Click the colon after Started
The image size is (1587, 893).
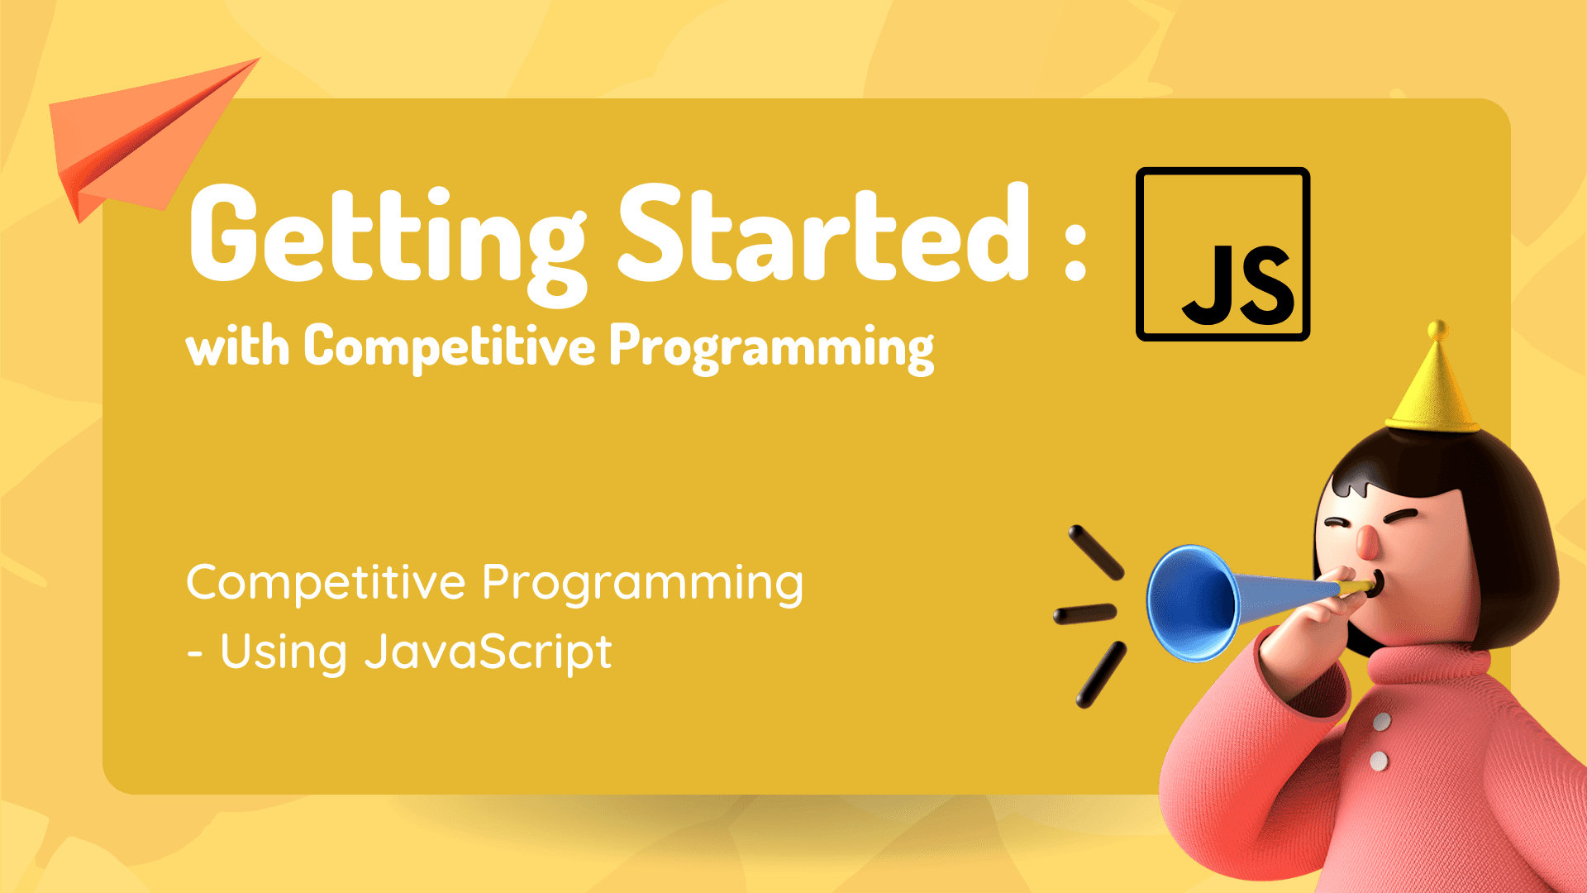pos(1075,251)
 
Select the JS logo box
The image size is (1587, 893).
pos(1223,254)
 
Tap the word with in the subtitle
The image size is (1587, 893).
pos(237,346)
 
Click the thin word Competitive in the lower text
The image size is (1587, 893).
pos(326,583)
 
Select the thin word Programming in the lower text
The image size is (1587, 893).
pos(642,585)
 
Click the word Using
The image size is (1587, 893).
pos(284,653)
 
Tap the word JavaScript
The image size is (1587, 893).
pos(488,653)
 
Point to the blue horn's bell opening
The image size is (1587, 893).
pos(1192,603)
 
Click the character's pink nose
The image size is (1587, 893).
pos(1367,541)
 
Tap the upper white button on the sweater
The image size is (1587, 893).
pos(1382,722)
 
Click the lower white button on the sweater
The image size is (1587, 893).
pos(1379,761)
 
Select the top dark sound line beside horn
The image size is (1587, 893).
pos(1096,552)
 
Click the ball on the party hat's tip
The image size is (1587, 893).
pos(1438,330)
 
